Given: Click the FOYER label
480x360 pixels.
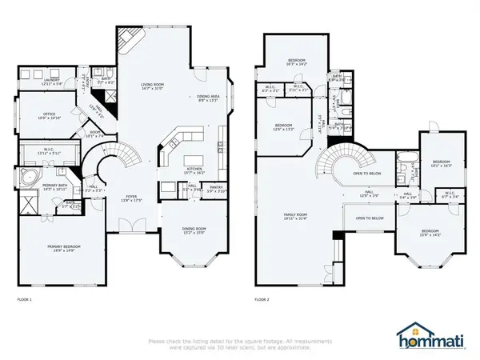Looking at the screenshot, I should [x=130, y=198].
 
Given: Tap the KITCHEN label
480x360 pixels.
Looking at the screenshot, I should [x=194, y=169].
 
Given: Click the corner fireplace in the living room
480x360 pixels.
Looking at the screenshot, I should [x=128, y=42].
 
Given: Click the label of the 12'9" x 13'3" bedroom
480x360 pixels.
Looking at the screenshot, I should [x=285, y=127].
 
